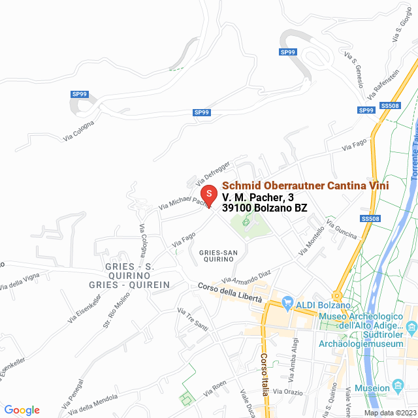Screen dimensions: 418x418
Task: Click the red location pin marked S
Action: (208, 195)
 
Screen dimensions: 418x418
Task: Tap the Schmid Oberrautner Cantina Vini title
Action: (306, 185)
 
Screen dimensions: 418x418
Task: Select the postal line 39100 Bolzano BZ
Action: (265, 208)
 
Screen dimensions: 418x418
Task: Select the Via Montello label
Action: (312, 242)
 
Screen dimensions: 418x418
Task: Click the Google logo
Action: (22, 410)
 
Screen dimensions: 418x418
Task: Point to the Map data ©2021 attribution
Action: (390, 413)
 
